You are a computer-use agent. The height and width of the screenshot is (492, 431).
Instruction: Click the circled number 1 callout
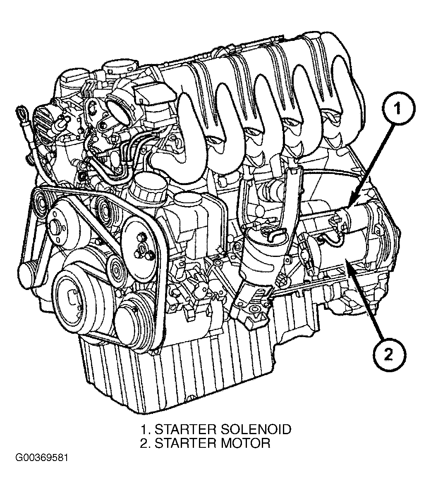point(398,109)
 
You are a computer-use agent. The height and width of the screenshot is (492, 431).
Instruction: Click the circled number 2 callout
point(388,356)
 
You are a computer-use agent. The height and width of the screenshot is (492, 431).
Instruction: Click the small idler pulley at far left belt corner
point(40,202)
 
